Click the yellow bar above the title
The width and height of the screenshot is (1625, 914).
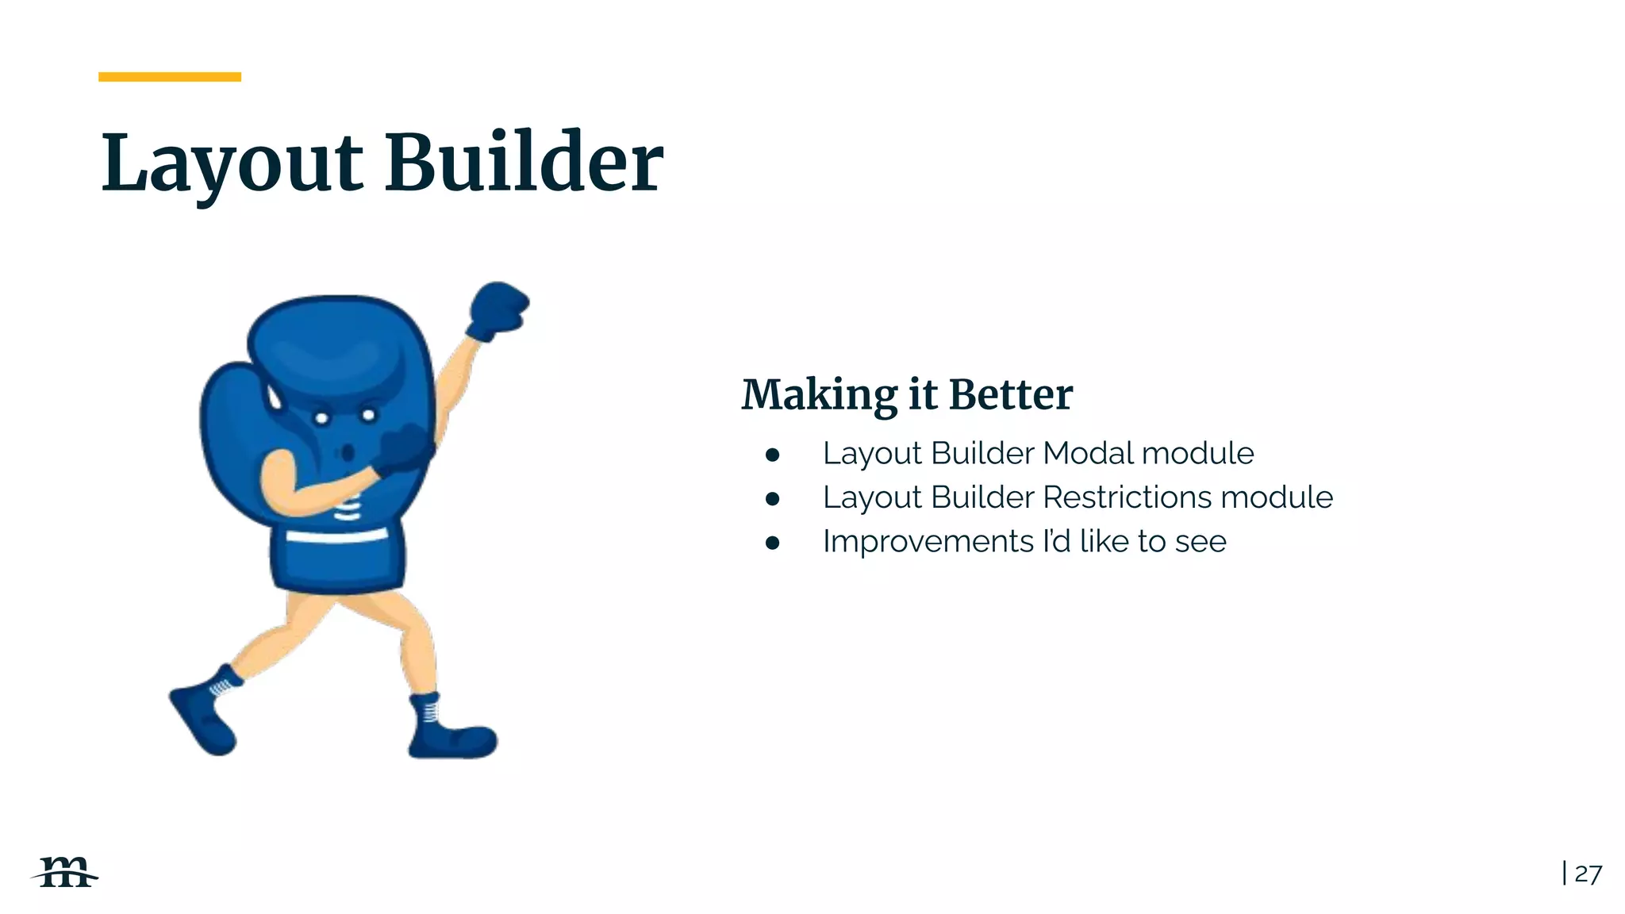click(169, 77)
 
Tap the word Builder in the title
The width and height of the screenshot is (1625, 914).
click(524, 163)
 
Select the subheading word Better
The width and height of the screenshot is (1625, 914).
click(1010, 394)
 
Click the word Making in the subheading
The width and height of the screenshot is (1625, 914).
click(820, 395)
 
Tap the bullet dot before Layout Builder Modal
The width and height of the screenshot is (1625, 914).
click(773, 455)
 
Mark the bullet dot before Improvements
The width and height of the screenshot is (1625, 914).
click(773, 543)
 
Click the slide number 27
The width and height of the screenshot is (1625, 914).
click(1588, 874)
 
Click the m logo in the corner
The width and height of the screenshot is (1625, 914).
click(65, 873)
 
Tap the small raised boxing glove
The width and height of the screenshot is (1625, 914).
click(497, 309)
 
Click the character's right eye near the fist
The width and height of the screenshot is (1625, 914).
click(369, 415)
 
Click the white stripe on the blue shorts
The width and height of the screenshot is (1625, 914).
click(336, 536)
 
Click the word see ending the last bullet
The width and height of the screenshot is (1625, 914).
click(1201, 542)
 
